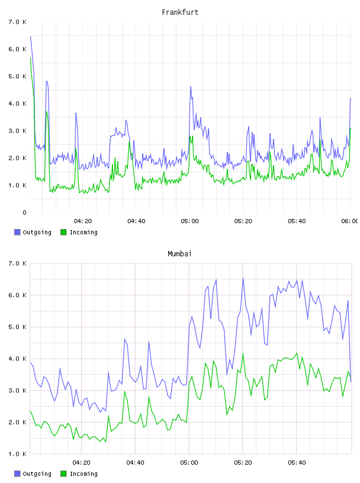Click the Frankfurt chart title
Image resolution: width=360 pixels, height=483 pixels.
click(x=180, y=12)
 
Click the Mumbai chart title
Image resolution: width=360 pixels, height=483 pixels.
click(x=179, y=254)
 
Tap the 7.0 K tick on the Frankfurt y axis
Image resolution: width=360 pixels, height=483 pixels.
click(x=17, y=22)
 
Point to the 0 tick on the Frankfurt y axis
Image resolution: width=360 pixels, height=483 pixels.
click(x=24, y=212)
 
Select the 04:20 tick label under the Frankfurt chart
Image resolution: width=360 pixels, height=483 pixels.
click(x=83, y=221)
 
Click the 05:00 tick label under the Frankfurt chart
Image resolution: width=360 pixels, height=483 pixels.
click(x=190, y=221)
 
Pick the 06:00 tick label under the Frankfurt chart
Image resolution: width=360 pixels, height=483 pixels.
click(x=350, y=221)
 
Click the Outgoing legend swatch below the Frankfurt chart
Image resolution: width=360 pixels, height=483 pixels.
click(x=17, y=232)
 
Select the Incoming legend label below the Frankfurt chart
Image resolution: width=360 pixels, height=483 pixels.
click(x=83, y=233)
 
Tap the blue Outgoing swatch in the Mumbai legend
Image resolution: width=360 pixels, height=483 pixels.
click(x=17, y=474)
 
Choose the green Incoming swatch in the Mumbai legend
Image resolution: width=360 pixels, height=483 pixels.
click(x=63, y=474)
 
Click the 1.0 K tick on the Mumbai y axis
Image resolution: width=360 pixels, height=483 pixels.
click(x=17, y=454)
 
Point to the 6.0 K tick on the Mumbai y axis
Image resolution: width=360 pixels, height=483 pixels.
click(x=17, y=295)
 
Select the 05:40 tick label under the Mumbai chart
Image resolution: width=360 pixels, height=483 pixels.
click(x=297, y=463)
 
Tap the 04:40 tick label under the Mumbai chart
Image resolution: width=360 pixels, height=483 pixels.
click(x=136, y=463)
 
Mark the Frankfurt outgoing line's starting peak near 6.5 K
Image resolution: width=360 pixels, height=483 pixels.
click(x=31, y=36)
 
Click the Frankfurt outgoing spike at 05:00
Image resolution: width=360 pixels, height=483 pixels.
click(x=191, y=87)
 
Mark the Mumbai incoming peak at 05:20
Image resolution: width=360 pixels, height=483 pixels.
click(x=243, y=353)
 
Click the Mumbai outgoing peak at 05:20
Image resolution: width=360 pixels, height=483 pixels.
click(x=243, y=279)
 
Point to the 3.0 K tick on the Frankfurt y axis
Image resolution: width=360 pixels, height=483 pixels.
click(x=17, y=131)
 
